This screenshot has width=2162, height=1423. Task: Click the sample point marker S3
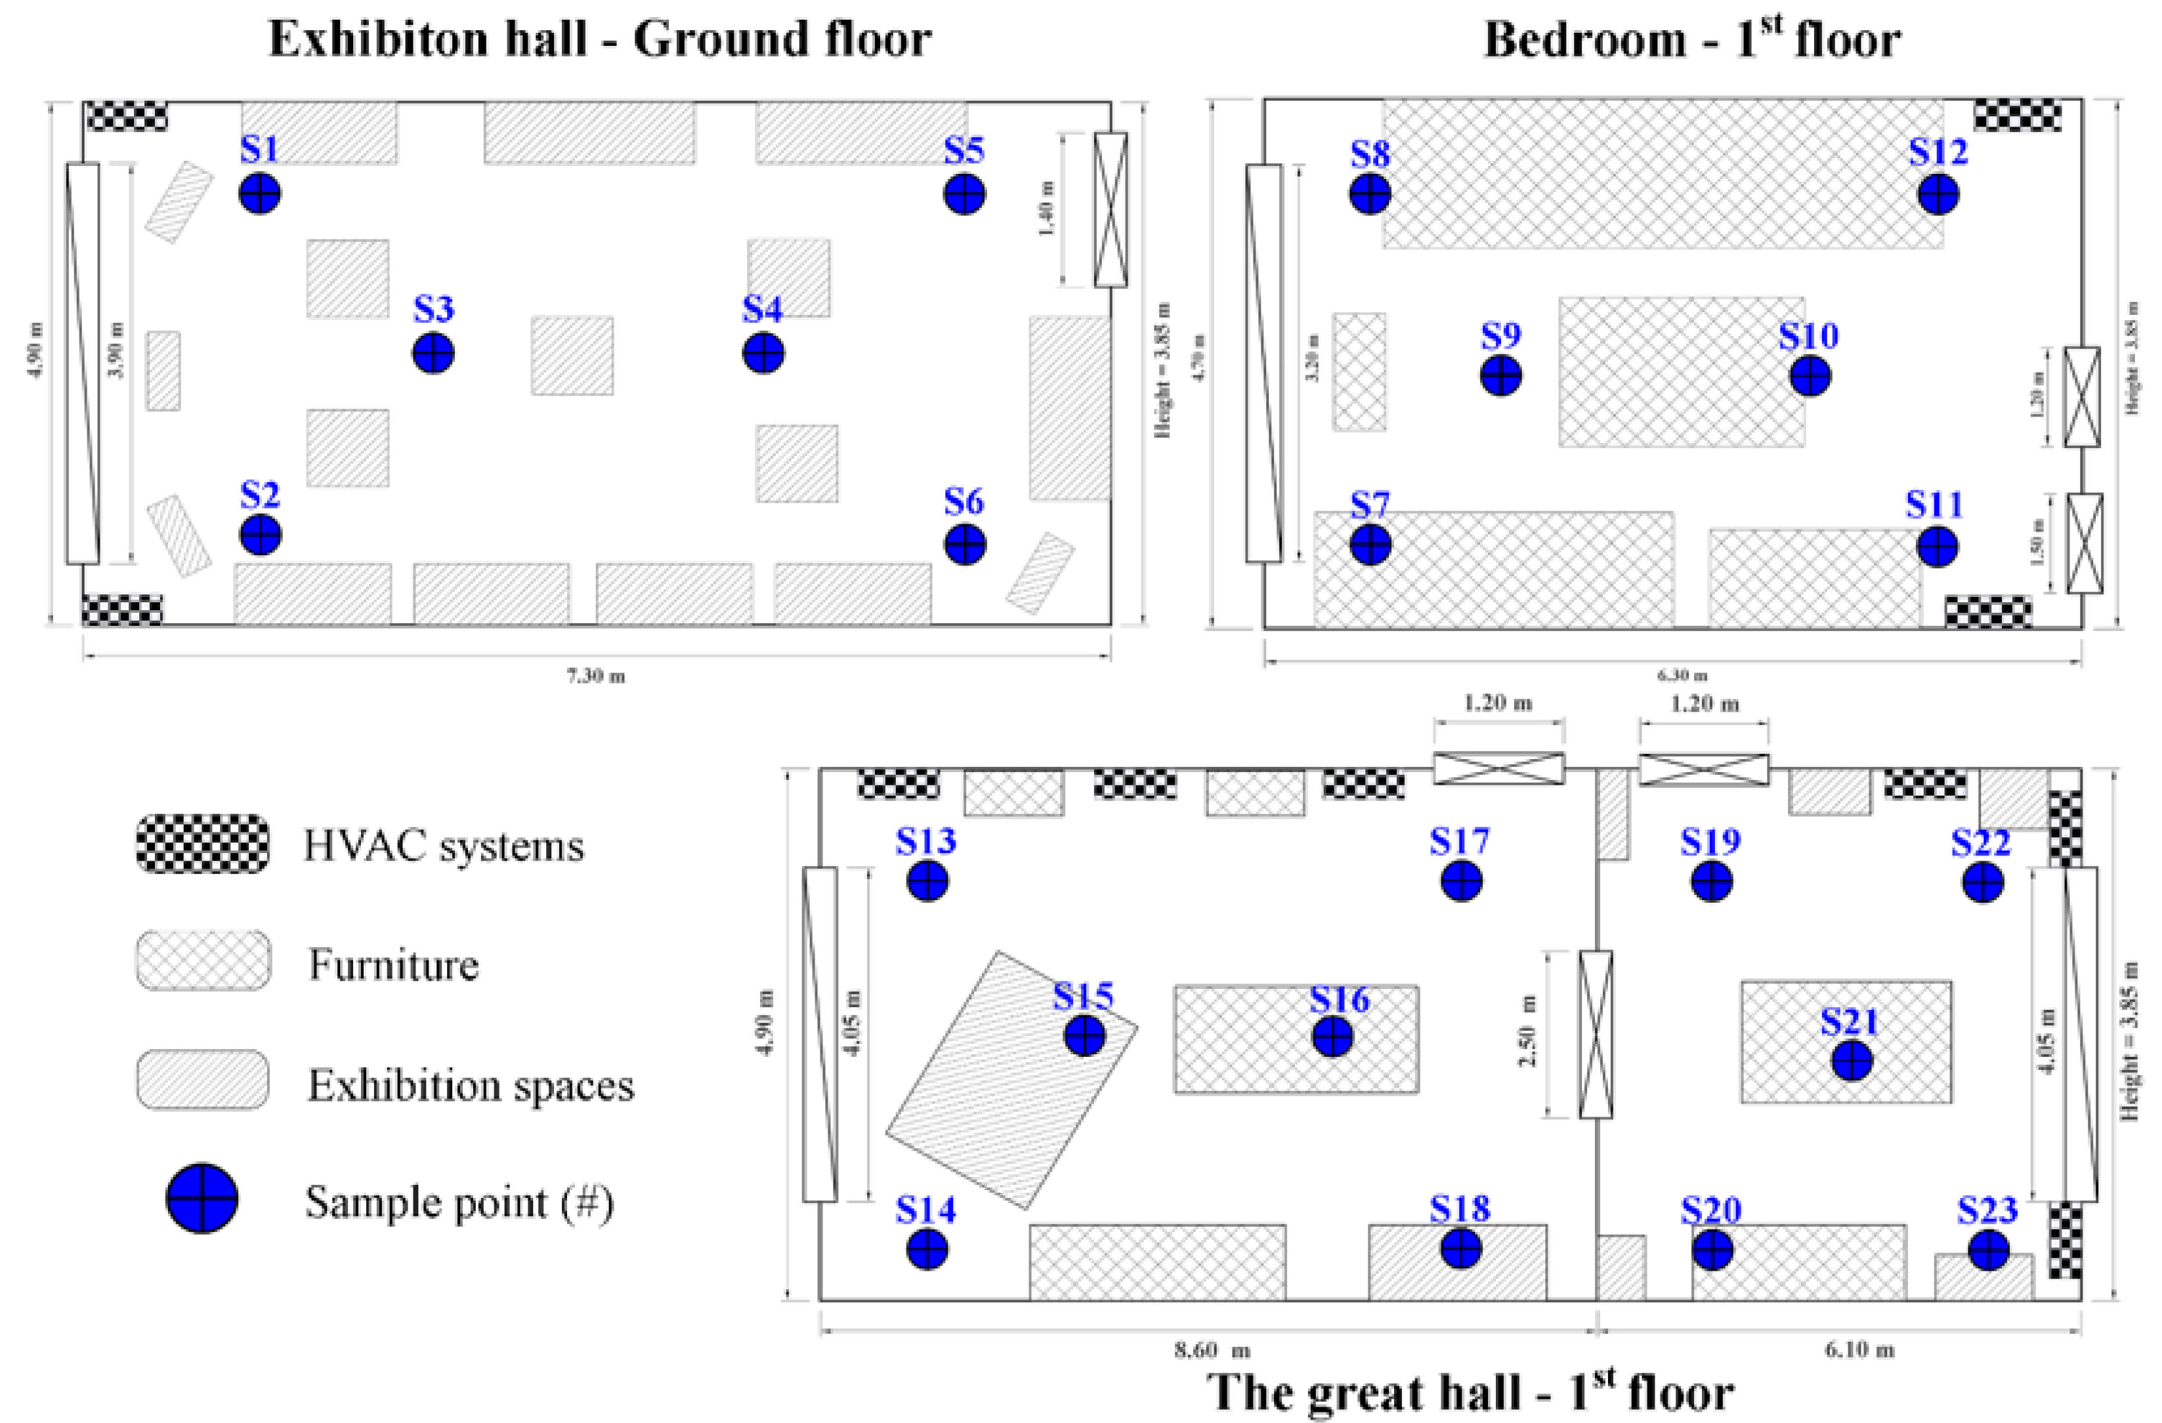click(433, 353)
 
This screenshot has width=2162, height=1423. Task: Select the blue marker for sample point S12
click(1939, 194)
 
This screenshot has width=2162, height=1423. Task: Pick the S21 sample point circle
click(1852, 1061)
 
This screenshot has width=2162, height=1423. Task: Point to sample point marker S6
click(965, 545)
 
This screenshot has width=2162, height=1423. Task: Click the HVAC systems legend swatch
click(203, 844)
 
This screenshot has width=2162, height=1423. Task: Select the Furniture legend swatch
click(203, 960)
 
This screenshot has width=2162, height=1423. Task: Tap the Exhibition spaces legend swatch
click(203, 1080)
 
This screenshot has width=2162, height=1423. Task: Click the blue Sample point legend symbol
click(201, 1199)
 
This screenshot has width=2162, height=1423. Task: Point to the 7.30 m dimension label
click(596, 676)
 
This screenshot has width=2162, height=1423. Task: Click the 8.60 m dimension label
click(1212, 1350)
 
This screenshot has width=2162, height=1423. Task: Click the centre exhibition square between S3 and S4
click(572, 355)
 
